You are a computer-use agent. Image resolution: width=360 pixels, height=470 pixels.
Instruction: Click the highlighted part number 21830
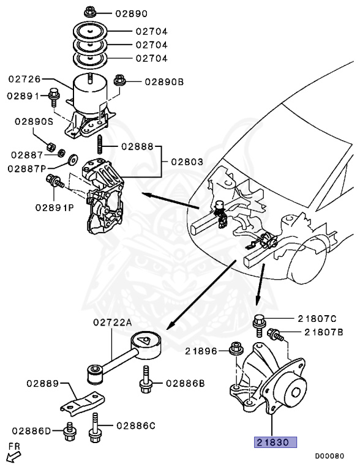[276, 442]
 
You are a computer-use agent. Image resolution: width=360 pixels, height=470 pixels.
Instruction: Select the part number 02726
[24, 78]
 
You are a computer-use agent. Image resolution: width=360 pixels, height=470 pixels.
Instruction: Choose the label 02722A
[113, 323]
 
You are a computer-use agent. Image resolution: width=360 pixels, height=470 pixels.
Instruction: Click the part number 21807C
[317, 318]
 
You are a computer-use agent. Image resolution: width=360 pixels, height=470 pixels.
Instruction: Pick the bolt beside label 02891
[54, 97]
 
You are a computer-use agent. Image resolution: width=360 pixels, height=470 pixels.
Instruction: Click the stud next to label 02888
[98, 147]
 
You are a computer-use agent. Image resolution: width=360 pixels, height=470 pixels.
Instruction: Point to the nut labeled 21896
[234, 350]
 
